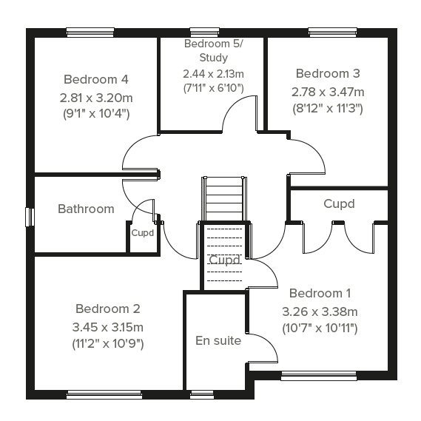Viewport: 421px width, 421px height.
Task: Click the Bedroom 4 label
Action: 96,79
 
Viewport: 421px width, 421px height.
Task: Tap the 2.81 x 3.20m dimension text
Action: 96,98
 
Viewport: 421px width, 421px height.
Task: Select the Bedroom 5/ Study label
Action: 213,50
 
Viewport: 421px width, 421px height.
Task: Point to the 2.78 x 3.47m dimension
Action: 328,92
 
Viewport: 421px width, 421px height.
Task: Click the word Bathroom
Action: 86,209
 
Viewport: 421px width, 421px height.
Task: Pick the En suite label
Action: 218,340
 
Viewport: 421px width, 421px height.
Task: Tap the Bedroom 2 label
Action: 108,309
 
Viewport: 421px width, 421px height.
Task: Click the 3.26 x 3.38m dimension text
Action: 320,311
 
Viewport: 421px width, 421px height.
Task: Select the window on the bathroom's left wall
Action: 30,217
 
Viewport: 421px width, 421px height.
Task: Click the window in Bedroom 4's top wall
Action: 90,33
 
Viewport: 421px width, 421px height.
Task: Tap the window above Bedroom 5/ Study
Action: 205,33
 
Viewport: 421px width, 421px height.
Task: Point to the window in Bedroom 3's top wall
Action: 333,33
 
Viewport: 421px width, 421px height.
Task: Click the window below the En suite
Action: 202,394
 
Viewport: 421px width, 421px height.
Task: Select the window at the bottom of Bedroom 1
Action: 319,376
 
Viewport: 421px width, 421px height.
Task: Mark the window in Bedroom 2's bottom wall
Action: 104,394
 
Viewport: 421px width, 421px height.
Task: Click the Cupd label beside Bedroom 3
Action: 339,203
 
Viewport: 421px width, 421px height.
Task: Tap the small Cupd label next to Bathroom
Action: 143,233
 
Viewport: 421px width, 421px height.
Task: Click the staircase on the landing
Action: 223,199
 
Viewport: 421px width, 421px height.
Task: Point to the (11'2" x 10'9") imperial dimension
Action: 108,343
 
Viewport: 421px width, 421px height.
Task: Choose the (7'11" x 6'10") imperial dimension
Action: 213,88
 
